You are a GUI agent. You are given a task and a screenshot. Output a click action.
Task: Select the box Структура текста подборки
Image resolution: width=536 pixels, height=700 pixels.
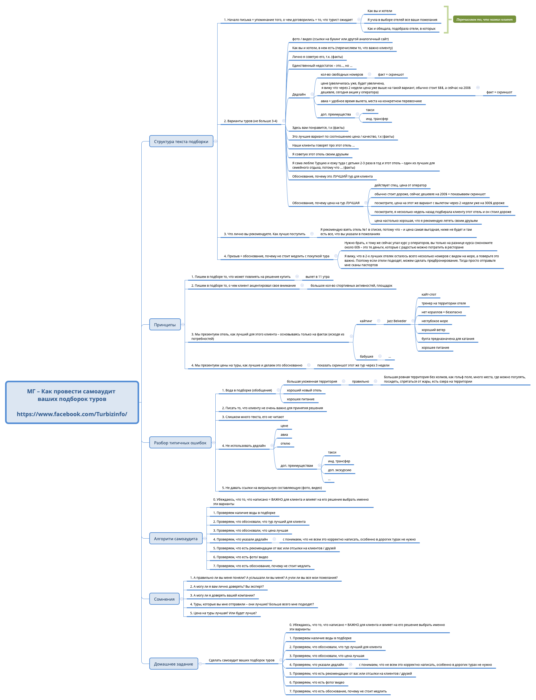click(x=181, y=141)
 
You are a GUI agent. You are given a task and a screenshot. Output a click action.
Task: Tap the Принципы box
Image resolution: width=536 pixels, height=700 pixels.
click(x=165, y=325)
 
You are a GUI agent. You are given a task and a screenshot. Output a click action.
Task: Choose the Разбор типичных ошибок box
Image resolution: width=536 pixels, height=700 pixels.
click(x=180, y=443)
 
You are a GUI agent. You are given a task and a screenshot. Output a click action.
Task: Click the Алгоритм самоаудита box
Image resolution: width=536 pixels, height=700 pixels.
click(x=176, y=539)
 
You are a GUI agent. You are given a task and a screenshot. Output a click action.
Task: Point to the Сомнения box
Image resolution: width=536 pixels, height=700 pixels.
click(x=164, y=599)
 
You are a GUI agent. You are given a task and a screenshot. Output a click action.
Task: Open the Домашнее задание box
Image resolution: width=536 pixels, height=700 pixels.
click(x=173, y=664)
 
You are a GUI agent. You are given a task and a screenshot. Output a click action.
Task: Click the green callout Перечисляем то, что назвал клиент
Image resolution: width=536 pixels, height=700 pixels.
click(x=484, y=20)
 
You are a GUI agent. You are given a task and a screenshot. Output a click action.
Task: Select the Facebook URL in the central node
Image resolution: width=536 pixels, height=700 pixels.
click(x=72, y=414)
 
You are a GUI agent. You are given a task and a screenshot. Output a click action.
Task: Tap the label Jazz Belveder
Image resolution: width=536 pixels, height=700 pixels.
click(x=397, y=321)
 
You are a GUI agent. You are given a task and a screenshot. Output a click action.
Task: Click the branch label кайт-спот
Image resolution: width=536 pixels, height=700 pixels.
click(x=428, y=295)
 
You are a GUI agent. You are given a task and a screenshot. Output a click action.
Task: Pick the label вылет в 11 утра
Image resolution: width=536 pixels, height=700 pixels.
click(x=317, y=277)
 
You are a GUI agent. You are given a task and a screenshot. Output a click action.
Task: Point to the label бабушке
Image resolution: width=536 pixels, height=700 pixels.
click(x=366, y=357)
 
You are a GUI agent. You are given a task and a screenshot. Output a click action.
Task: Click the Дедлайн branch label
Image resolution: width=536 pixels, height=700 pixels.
click(x=299, y=95)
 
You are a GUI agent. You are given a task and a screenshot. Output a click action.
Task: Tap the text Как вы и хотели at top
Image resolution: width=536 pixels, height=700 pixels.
click(x=379, y=11)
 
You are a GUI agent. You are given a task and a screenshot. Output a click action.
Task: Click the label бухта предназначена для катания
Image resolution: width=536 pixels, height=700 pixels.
click(x=447, y=339)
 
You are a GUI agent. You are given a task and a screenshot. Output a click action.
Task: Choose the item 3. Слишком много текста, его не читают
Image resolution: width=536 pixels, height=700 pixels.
click(x=253, y=417)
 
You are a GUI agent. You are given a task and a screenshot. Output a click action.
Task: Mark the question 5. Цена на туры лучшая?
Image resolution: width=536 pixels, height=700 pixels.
click(x=223, y=613)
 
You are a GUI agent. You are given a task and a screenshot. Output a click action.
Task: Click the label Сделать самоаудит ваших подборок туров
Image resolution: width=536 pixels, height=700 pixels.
click(x=241, y=660)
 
